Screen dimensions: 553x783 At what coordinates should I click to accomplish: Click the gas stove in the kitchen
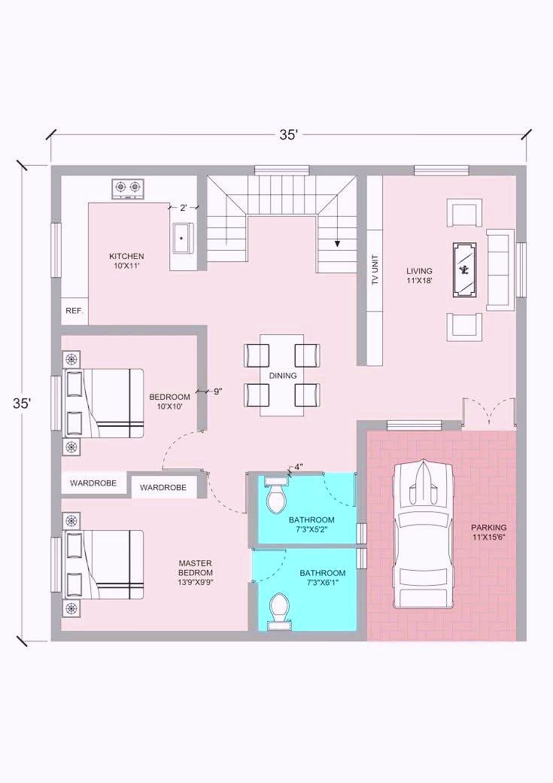pos(127,188)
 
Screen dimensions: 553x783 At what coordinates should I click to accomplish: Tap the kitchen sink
pos(183,239)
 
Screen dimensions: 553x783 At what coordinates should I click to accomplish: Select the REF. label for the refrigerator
pos(74,311)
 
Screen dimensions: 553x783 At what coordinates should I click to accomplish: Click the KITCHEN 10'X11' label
pos(126,261)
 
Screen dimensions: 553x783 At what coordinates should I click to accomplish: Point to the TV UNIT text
pos(375,270)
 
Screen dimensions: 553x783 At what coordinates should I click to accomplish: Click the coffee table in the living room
pos(464,270)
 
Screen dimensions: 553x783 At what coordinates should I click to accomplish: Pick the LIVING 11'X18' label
pos(419,276)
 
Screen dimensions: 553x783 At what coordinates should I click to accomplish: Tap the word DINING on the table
pos(282,376)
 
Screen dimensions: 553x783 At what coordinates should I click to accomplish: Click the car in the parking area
pos(424,535)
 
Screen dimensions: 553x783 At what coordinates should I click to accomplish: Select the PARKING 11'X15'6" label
pos(488,532)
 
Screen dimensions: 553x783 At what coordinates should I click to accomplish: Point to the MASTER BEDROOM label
pos(196,572)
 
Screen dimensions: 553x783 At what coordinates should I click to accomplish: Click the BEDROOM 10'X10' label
pos(170,401)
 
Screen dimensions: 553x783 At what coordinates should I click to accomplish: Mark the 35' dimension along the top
pos(288,135)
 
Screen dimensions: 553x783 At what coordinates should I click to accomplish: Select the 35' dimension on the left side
pos(22,404)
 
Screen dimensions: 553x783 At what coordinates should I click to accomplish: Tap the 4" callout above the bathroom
pos(299,468)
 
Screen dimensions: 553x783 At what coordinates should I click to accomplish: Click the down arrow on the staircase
pos(337,244)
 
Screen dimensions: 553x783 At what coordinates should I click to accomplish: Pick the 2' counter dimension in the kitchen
pos(184,207)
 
